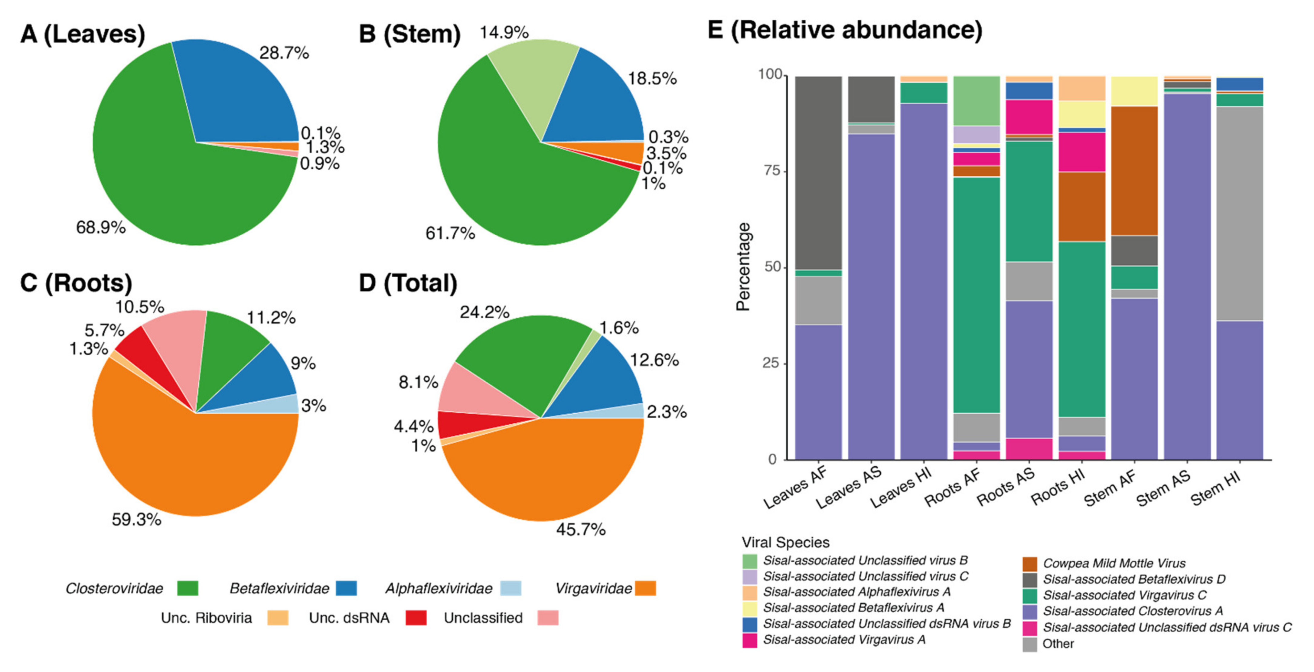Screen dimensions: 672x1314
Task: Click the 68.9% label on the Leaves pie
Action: tap(100, 227)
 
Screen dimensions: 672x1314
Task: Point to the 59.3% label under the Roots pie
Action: tap(136, 520)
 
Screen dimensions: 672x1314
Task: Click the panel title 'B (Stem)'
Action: tap(409, 34)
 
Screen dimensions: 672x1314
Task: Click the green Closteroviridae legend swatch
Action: tap(187, 588)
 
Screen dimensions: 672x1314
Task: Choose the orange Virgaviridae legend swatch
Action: tap(645, 588)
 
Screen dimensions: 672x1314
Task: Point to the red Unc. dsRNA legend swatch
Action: tap(416, 618)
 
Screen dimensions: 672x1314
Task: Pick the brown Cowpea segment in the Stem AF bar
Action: tap(1134, 171)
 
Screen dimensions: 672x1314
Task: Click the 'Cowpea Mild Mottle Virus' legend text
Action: tap(1114, 563)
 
